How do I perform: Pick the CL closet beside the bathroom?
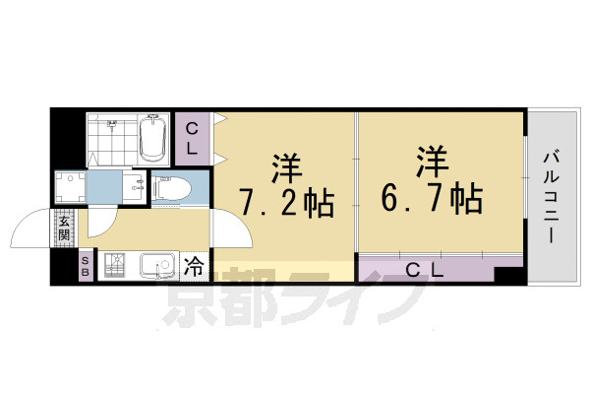point(194,139)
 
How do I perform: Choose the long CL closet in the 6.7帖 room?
point(426,269)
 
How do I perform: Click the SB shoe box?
point(85,266)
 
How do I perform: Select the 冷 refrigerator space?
point(195,266)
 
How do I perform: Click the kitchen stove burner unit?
point(116,266)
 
